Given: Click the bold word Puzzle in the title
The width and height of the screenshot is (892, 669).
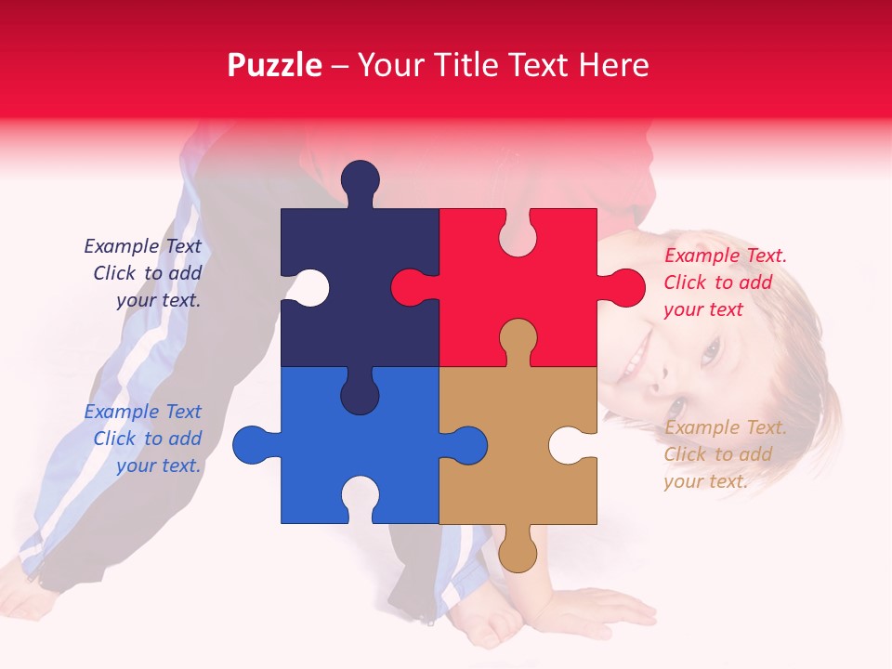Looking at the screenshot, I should tap(275, 65).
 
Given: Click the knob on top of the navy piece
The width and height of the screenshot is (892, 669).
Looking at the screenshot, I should tap(360, 179).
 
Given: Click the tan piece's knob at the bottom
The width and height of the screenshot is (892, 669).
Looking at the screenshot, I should tap(518, 552).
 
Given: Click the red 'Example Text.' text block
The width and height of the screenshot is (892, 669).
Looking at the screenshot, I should tap(725, 282).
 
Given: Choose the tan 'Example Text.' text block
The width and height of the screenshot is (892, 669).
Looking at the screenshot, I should tap(725, 454).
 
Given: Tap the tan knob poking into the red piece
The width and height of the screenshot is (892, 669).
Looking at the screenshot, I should tap(518, 338).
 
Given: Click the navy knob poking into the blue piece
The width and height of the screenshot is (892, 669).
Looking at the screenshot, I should tap(360, 394).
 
